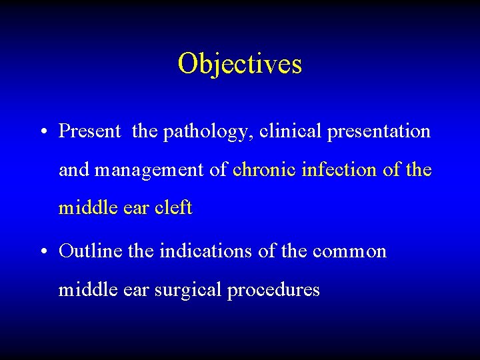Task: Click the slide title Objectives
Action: [x=239, y=65]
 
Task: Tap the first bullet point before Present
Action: [x=42, y=132]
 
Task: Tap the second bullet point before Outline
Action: [x=42, y=252]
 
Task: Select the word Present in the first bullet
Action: [x=89, y=131]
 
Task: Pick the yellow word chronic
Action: [x=265, y=169]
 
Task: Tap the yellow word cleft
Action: [x=173, y=208]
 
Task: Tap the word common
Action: [x=349, y=252]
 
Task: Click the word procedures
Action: [x=273, y=291]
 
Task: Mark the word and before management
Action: [x=74, y=169]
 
